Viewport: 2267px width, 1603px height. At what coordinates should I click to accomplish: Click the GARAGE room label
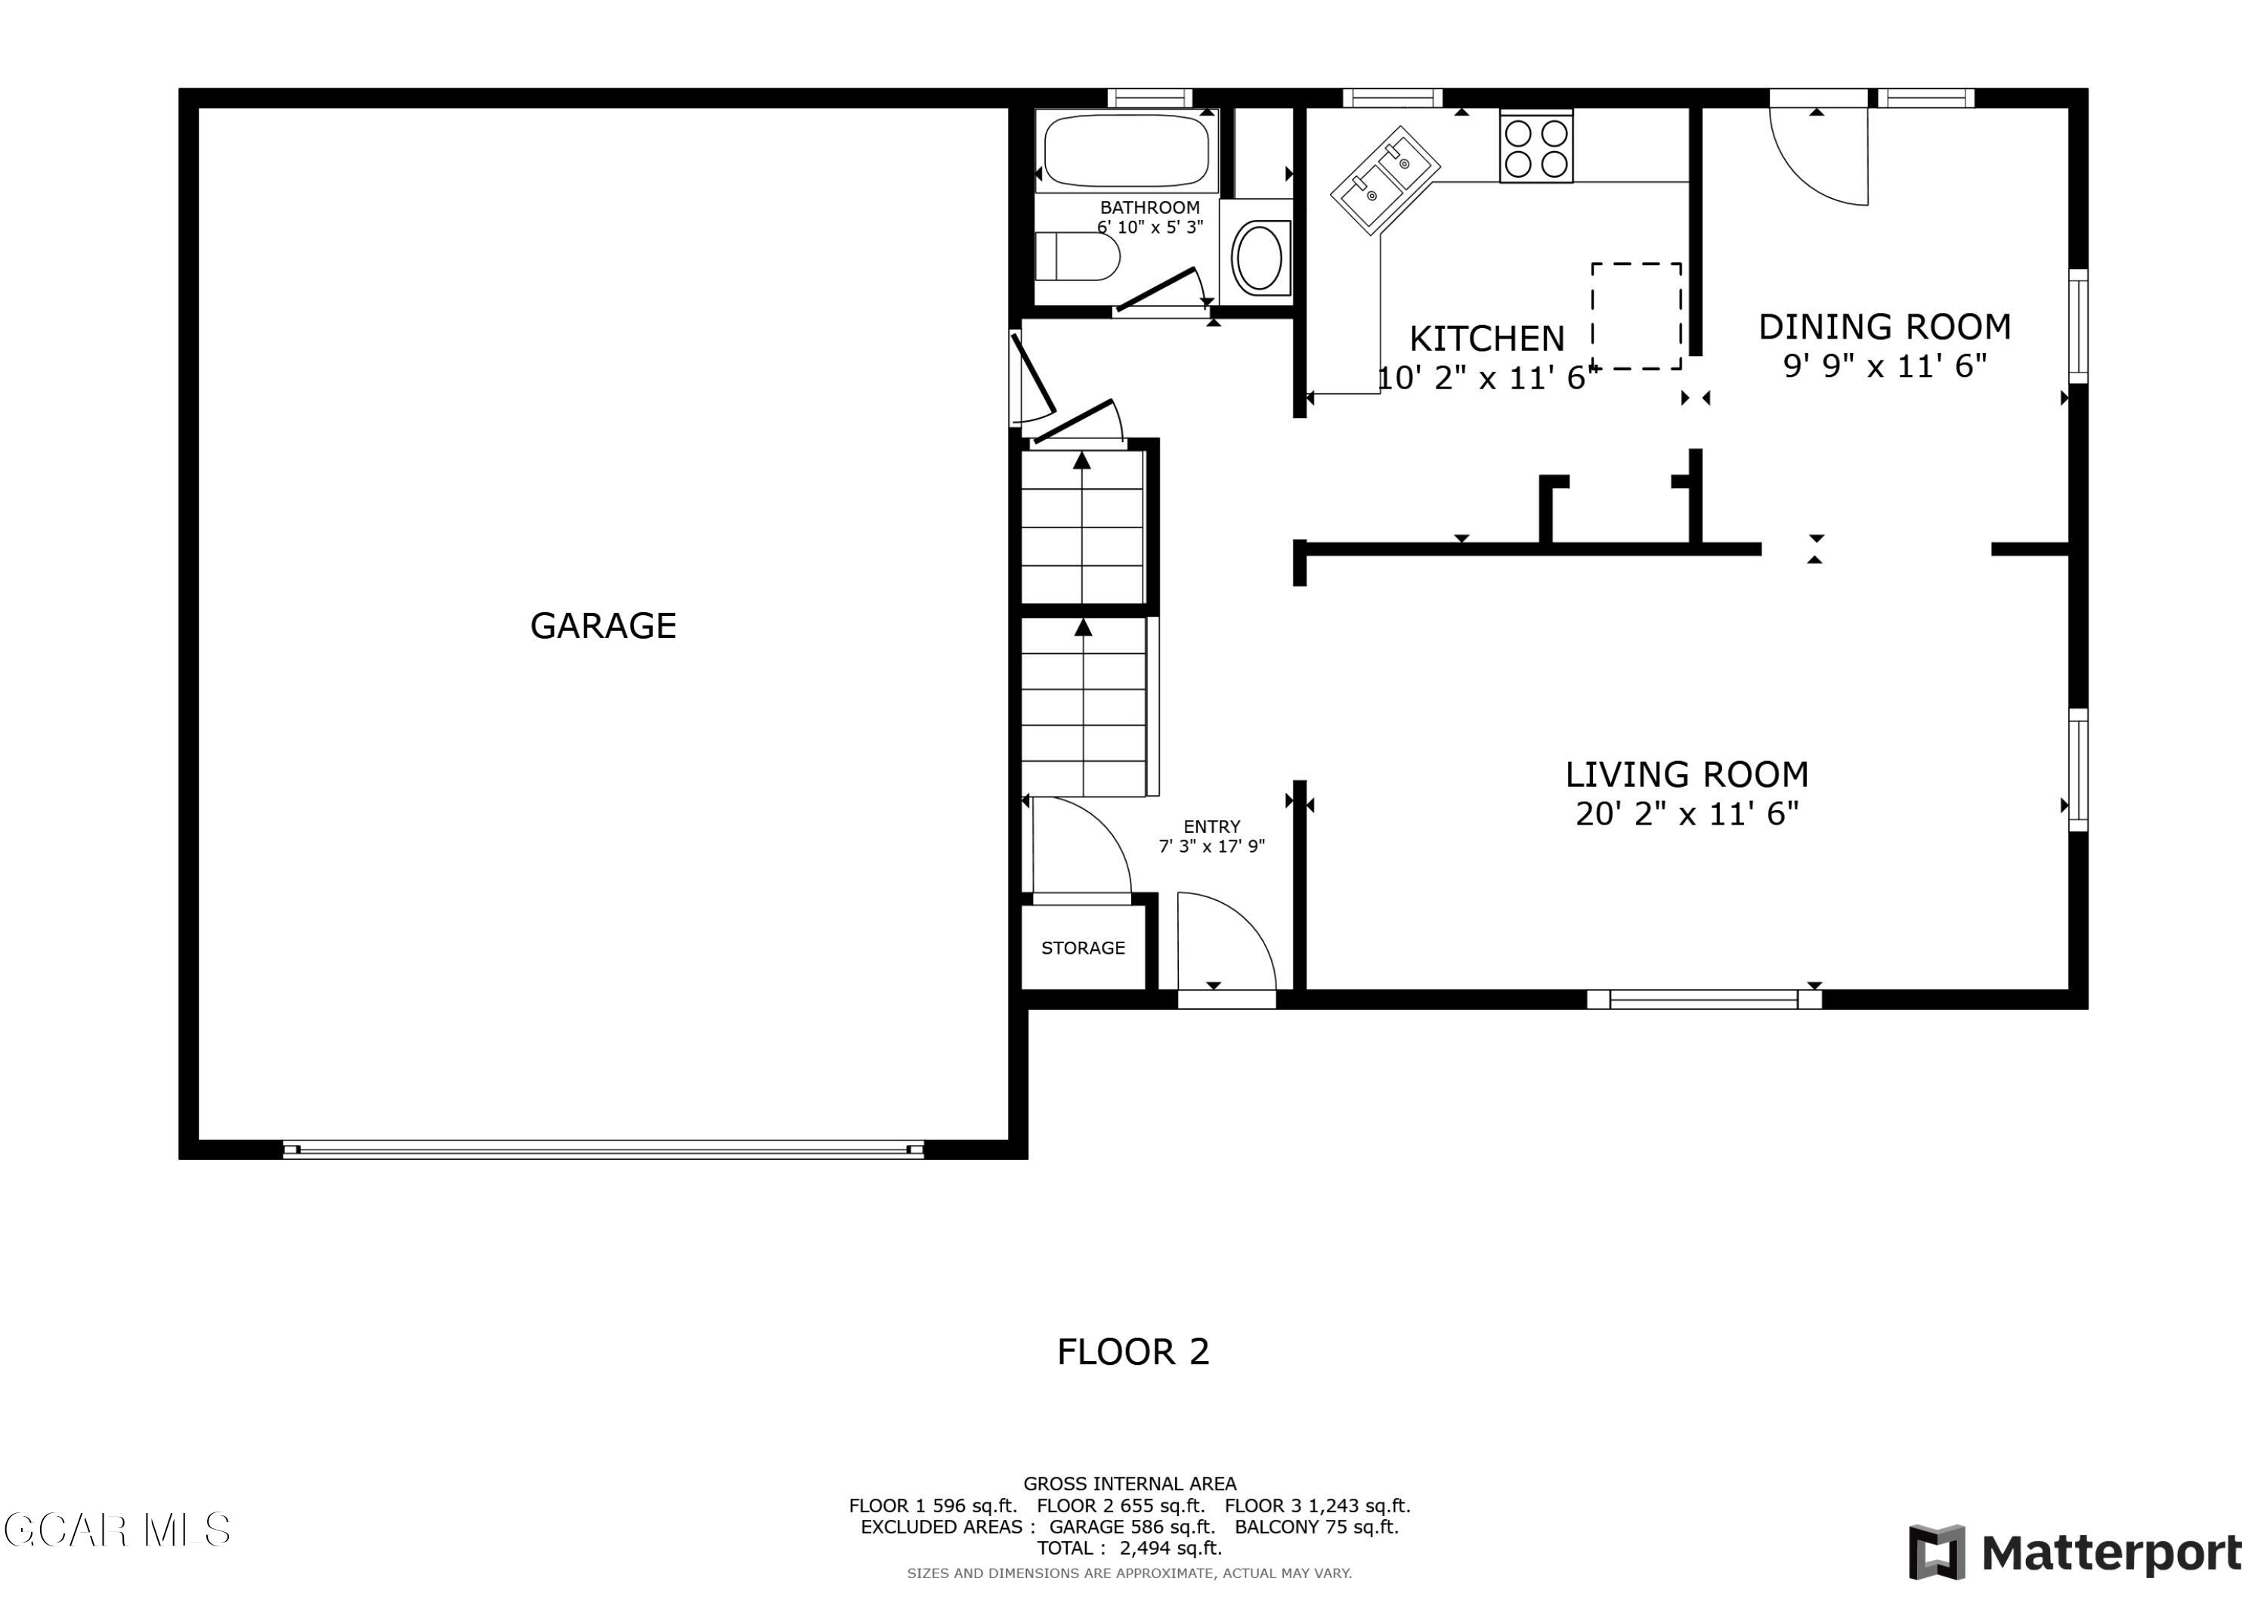pyautogui.click(x=602, y=625)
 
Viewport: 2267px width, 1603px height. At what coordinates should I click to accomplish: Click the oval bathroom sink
pyautogui.click(x=1258, y=258)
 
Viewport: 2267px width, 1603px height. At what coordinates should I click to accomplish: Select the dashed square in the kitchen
pyautogui.click(x=1636, y=316)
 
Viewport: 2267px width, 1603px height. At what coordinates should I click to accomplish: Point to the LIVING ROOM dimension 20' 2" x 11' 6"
pyautogui.click(x=1687, y=814)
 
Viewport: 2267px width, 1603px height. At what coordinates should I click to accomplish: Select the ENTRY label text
pyautogui.click(x=1211, y=827)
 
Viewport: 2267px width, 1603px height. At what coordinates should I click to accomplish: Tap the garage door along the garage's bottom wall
pyautogui.click(x=602, y=1149)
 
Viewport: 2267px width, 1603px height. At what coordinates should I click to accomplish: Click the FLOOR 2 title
pyautogui.click(x=1133, y=1352)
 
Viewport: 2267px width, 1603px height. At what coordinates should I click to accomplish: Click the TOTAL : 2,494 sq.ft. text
pyautogui.click(x=1130, y=1548)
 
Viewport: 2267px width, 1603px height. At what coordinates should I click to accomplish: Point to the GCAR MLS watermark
pyautogui.click(x=116, y=1530)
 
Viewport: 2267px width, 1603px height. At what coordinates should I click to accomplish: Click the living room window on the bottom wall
pyautogui.click(x=1703, y=998)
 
